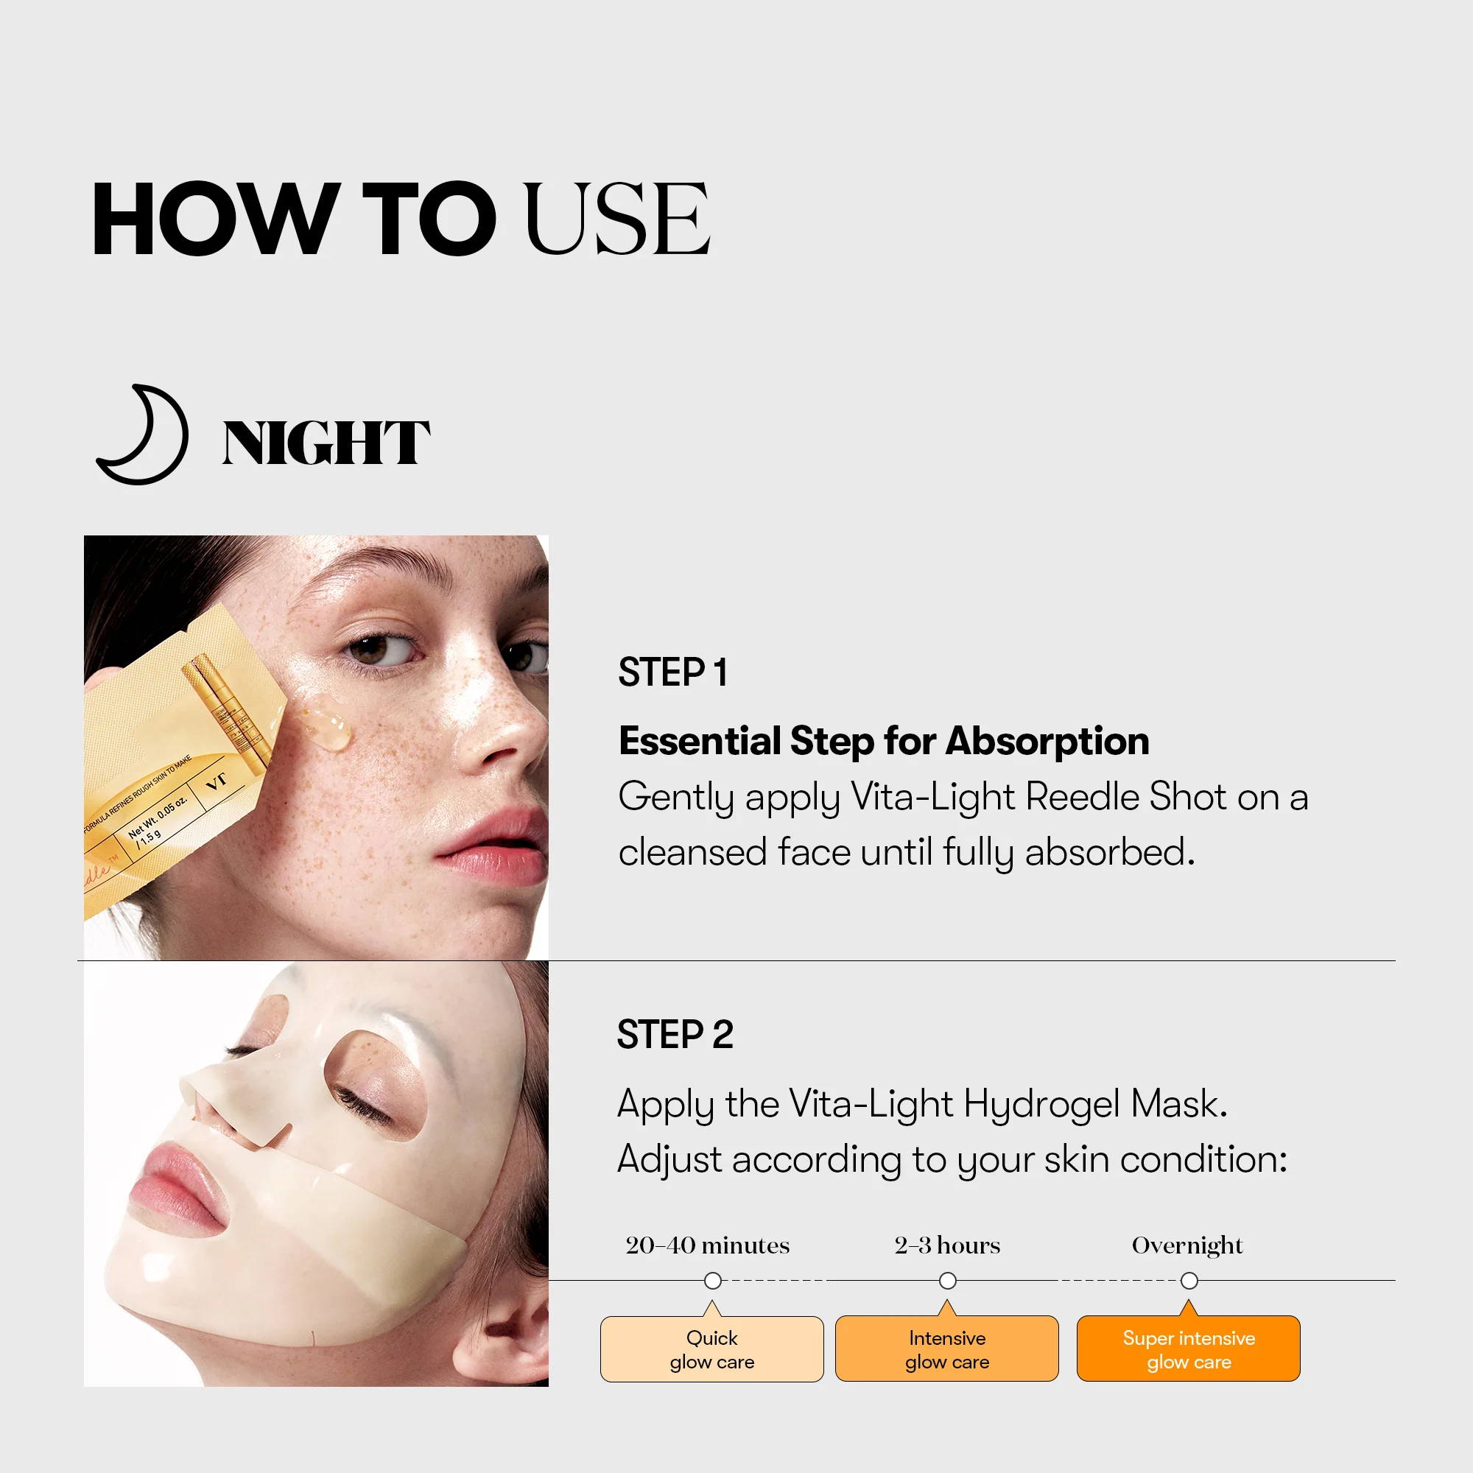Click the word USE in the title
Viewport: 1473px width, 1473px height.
(x=616, y=219)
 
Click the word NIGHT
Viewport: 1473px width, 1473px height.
(x=326, y=443)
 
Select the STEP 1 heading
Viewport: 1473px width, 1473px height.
(x=672, y=672)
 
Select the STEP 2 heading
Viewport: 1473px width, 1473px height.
(x=675, y=1035)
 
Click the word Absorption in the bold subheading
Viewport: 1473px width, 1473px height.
(x=1047, y=741)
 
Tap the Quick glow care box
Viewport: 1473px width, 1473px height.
(x=711, y=1349)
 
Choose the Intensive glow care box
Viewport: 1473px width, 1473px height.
(x=947, y=1349)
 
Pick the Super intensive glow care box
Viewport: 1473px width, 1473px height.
(x=1188, y=1349)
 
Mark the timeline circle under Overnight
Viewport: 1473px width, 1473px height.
(x=1189, y=1281)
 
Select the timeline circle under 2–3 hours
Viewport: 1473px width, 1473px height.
(x=948, y=1281)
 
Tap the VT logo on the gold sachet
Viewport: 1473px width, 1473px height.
(x=217, y=781)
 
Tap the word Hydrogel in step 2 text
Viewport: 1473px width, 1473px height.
(x=1041, y=1104)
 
